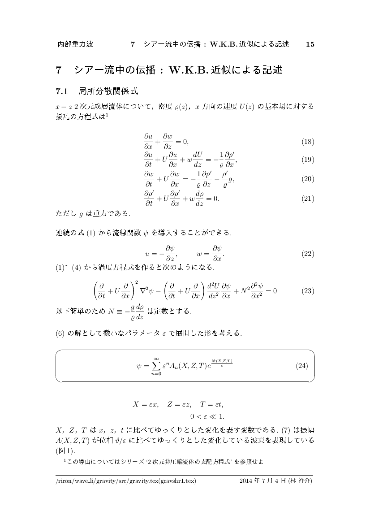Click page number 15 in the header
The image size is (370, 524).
click(x=310, y=44)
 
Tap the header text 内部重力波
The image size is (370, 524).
click(x=75, y=44)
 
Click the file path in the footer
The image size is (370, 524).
click(x=126, y=481)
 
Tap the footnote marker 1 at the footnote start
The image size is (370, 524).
click(x=65, y=459)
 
